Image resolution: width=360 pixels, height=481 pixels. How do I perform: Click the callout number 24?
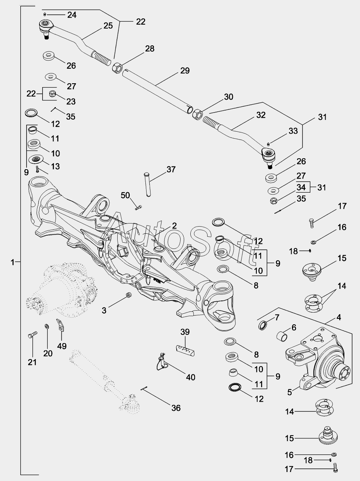pyautogui.click(x=72, y=15)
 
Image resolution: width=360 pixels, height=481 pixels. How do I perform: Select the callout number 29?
pyautogui.click(x=185, y=71)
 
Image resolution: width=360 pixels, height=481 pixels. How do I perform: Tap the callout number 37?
pyautogui.click(x=171, y=169)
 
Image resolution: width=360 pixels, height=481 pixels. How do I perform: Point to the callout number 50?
pyautogui.click(x=125, y=195)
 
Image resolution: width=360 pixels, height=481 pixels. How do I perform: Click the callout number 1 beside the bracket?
pyautogui.click(x=13, y=262)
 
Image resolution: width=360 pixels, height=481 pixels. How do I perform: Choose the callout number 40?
pyautogui.click(x=190, y=377)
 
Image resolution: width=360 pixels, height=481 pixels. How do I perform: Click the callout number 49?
pyautogui.click(x=62, y=346)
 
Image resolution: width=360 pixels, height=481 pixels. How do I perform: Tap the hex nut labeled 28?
pyautogui.click(x=117, y=68)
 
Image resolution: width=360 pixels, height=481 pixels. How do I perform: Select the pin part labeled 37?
pyautogui.click(x=148, y=184)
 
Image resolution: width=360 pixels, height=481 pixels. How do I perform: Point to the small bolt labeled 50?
pyautogui.click(x=138, y=207)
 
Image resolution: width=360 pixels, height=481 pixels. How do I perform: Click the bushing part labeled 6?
pyautogui.click(x=282, y=336)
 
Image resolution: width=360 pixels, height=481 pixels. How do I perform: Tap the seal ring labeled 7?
pyautogui.click(x=263, y=325)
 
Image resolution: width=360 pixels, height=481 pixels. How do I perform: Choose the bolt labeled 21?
pyautogui.click(x=33, y=335)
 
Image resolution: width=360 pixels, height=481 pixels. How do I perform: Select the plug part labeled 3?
pyautogui.click(x=129, y=295)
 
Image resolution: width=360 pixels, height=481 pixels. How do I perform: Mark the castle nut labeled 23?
pyautogui.click(x=53, y=94)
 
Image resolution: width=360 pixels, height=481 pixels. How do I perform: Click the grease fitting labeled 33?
pyautogui.click(x=268, y=143)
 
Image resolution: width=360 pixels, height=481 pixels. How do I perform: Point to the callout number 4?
pyautogui.click(x=339, y=317)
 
